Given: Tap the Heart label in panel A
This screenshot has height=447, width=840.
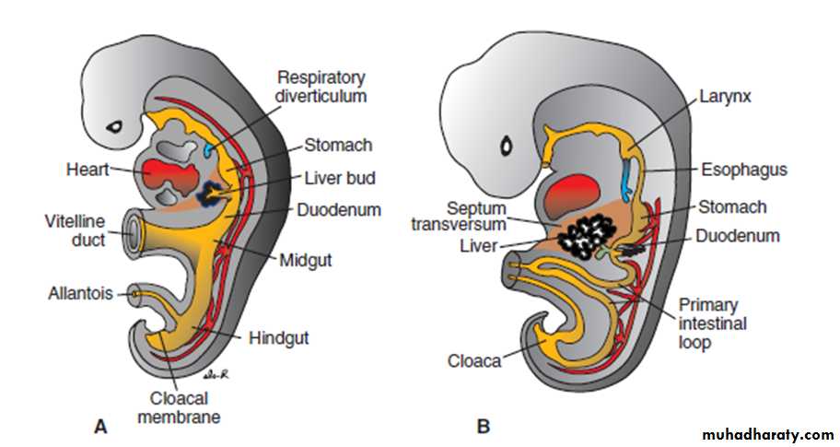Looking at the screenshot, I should pyautogui.click(x=87, y=171).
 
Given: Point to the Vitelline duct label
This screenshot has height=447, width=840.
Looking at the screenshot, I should pyautogui.click(x=75, y=230).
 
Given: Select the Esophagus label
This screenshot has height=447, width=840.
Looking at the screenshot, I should pyautogui.click(x=745, y=171).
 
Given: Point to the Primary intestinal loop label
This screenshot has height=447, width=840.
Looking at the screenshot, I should pyautogui.click(x=712, y=323).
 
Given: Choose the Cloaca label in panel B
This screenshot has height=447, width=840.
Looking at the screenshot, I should pyautogui.click(x=475, y=359).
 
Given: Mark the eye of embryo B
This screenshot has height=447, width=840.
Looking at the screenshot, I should pyautogui.click(x=506, y=146).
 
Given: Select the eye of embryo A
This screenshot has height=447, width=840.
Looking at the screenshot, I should pyautogui.click(x=116, y=125).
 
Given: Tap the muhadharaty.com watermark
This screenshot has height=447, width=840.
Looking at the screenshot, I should pyautogui.click(x=768, y=434).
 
